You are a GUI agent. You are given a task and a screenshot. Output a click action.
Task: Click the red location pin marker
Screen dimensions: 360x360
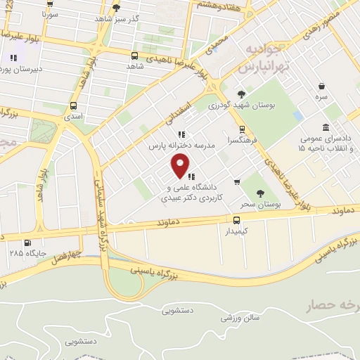pyautogui.click(x=181, y=166)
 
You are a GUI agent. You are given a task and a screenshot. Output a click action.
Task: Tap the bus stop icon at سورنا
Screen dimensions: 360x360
pyautogui.click(x=49, y=3)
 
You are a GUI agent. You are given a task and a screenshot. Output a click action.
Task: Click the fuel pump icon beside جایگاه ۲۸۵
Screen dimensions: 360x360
pyautogui.click(x=27, y=243)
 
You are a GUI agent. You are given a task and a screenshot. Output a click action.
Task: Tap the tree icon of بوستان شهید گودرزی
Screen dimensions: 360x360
pyautogui.click(x=241, y=94)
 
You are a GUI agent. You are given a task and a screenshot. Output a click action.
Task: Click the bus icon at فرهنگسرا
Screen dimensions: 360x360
pyautogui.click(x=242, y=129)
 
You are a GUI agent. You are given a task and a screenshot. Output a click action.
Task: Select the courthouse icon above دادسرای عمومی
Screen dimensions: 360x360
pyautogui.click(x=325, y=127)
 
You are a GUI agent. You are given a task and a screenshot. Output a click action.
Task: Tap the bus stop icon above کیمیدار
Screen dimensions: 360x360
pyautogui.click(x=236, y=219)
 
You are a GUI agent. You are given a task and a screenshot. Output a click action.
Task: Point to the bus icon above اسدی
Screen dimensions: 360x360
pyautogui.click(x=73, y=106)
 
